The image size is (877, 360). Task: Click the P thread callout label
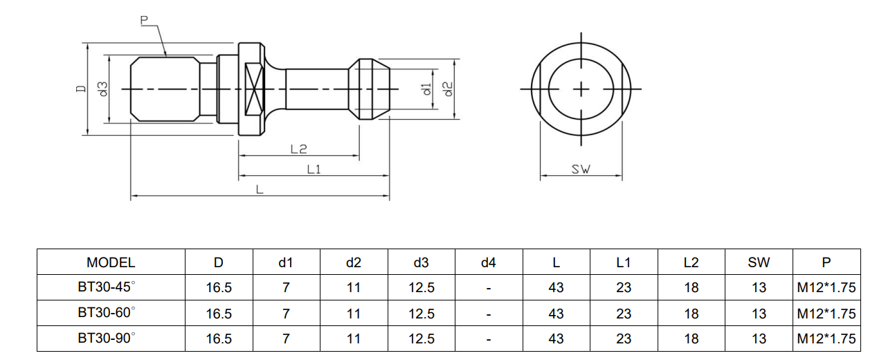click(145, 21)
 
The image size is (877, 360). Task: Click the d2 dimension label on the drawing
click(447, 89)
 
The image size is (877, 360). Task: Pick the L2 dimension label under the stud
click(298, 149)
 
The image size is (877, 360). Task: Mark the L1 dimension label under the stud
click(314, 168)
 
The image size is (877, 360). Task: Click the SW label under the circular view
click(581, 169)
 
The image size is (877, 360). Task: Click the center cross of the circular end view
click(581, 89)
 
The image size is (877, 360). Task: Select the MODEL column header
click(111, 262)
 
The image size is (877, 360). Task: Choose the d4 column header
click(488, 262)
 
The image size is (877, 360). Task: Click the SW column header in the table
click(759, 262)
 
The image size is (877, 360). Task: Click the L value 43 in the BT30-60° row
click(556, 314)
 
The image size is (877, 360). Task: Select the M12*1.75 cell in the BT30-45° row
click(826, 288)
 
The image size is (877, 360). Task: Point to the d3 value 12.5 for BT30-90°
click(421, 339)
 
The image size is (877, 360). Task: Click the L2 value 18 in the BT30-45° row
click(691, 288)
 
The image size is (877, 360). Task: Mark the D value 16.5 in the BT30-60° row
click(219, 314)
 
